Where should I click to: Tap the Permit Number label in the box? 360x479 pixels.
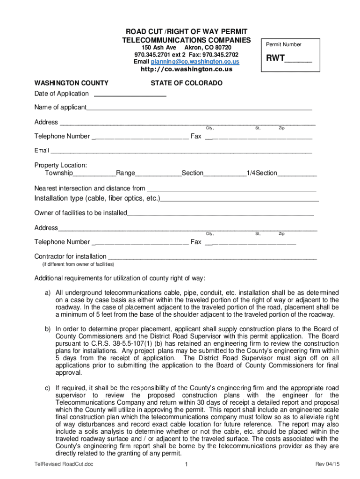pos(283,44)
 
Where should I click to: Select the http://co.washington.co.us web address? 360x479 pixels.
pos(187,69)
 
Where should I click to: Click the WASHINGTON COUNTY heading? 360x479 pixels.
pos(72,83)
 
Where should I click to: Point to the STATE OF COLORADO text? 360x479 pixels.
pos(186,83)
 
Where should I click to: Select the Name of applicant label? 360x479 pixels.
pos(60,108)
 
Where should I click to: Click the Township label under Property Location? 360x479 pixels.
pos(59,173)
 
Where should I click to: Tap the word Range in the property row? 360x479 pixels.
pos(125,173)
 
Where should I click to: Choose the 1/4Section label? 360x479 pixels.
pos(262,173)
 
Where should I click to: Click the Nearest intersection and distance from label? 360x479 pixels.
pos(90,188)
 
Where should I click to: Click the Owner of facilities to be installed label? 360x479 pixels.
pos(81,213)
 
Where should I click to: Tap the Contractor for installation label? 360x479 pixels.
pos(71,256)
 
